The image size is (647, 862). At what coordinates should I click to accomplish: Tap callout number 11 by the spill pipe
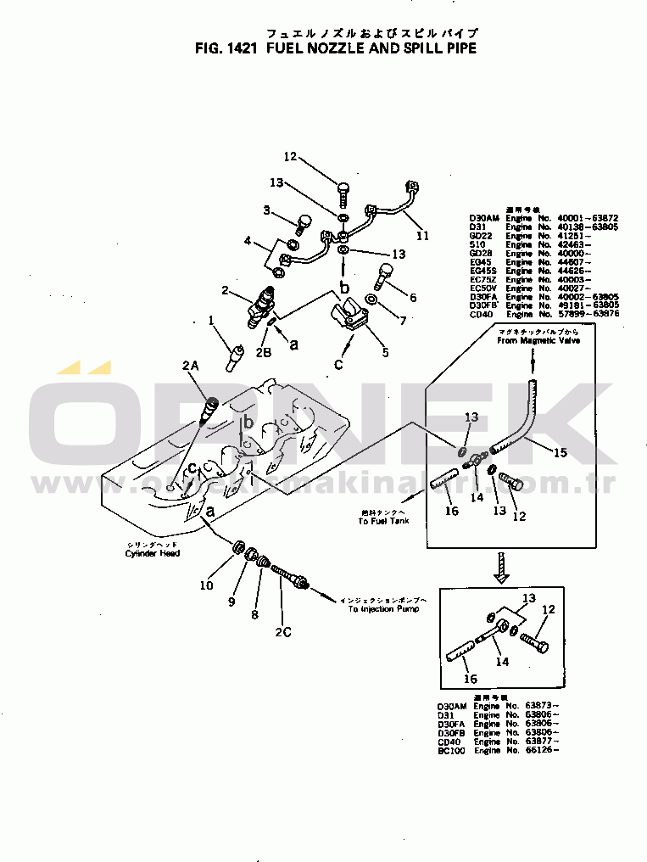coord(421,235)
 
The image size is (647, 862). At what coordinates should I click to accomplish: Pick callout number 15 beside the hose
coord(560,453)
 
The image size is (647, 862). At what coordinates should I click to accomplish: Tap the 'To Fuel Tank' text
coord(382,520)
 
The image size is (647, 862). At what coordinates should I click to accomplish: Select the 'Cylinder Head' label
coord(153,553)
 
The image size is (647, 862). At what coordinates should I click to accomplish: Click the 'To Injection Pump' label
coord(382,609)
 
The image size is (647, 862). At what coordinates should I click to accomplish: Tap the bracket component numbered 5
coord(347,323)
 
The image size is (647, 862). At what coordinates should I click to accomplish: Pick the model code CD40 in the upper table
coord(481,315)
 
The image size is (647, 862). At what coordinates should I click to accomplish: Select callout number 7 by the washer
coord(403,322)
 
